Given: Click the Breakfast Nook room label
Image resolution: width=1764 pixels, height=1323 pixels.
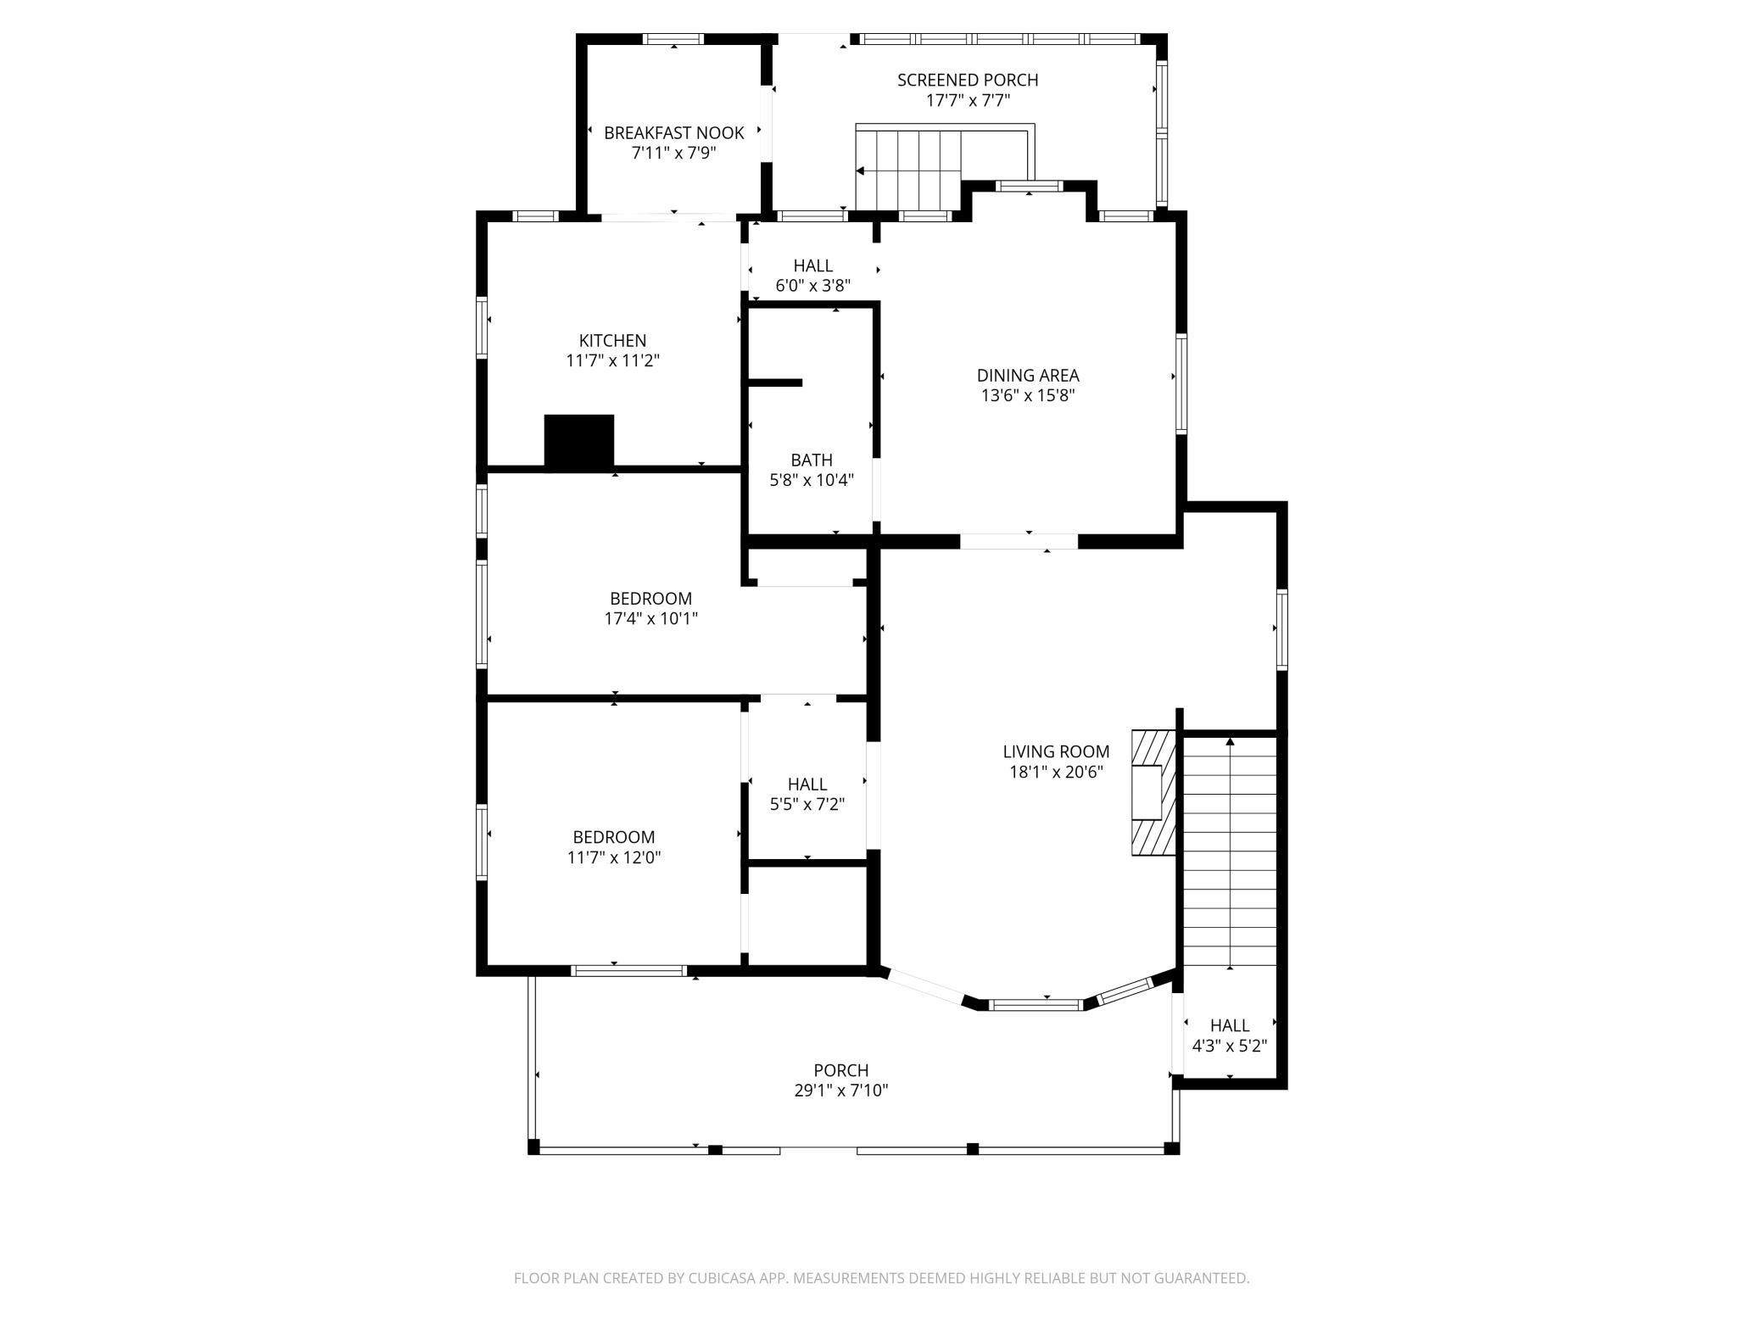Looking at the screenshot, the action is coord(674,133).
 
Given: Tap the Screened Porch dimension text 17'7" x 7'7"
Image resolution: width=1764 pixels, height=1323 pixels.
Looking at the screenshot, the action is coord(968,100).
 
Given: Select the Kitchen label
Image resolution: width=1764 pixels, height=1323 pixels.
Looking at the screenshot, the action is coord(612,341).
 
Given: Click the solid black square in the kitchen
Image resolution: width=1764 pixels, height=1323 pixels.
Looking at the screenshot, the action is coord(578,441).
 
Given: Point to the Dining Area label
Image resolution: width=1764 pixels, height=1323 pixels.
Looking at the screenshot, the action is coord(1028,375).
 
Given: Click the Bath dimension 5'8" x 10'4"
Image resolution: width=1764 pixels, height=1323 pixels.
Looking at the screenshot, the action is coord(812,480).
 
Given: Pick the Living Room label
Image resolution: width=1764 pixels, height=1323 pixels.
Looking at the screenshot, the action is coord(1056,751).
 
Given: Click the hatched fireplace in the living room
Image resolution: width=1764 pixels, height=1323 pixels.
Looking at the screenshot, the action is coord(1153,792).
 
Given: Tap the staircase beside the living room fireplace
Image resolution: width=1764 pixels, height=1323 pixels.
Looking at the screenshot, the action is coord(1230,851).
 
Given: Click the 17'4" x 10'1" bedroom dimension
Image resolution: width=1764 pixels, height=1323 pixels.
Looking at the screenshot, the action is coord(651,619).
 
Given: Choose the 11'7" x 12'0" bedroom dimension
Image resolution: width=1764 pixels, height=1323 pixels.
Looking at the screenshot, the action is coord(614,857).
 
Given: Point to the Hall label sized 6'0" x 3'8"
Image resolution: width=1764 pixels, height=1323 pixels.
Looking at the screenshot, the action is coord(813,265).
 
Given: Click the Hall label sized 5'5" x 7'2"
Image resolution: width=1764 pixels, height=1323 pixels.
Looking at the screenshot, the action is coord(807,784).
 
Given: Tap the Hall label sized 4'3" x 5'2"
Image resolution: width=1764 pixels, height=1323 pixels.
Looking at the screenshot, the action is coord(1230,1025).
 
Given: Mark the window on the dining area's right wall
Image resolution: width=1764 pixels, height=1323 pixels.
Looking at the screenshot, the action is coord(1181,383).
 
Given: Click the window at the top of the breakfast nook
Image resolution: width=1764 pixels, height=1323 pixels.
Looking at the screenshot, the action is coord(673,38).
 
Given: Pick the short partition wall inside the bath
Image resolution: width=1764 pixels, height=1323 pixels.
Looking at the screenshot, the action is coord(774,382).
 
